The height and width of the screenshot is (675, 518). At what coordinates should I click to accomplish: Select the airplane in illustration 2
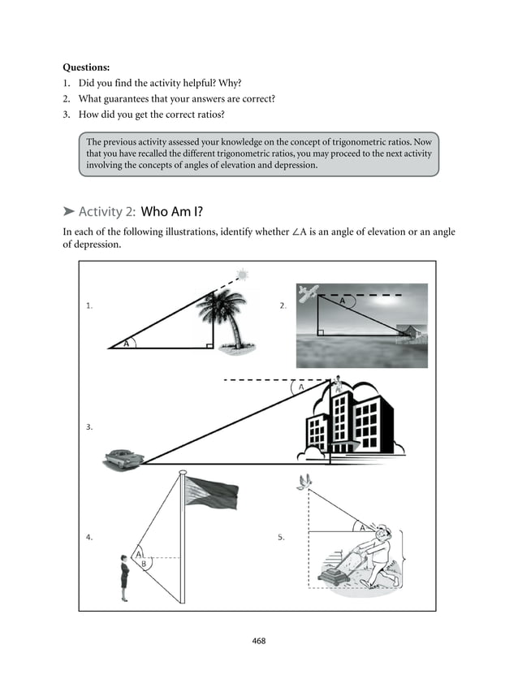point(308,293)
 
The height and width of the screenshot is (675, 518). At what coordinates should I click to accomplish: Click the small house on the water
point(411,331)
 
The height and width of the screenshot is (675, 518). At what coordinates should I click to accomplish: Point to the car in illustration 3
point(123,459)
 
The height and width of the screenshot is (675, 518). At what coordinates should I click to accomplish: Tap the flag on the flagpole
point(212,491)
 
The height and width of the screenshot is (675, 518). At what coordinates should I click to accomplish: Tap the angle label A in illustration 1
point(126,344)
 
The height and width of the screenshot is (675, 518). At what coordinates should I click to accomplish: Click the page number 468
point(259,641)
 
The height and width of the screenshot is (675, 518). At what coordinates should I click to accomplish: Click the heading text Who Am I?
point(173,212)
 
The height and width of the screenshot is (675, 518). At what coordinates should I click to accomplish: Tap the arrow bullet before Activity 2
point(68,212)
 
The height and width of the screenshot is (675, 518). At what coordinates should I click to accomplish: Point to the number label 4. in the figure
point(89,536)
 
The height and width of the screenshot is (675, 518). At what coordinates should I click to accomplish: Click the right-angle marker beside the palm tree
point(209,344)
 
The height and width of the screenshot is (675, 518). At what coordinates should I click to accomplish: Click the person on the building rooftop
point(335,386)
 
